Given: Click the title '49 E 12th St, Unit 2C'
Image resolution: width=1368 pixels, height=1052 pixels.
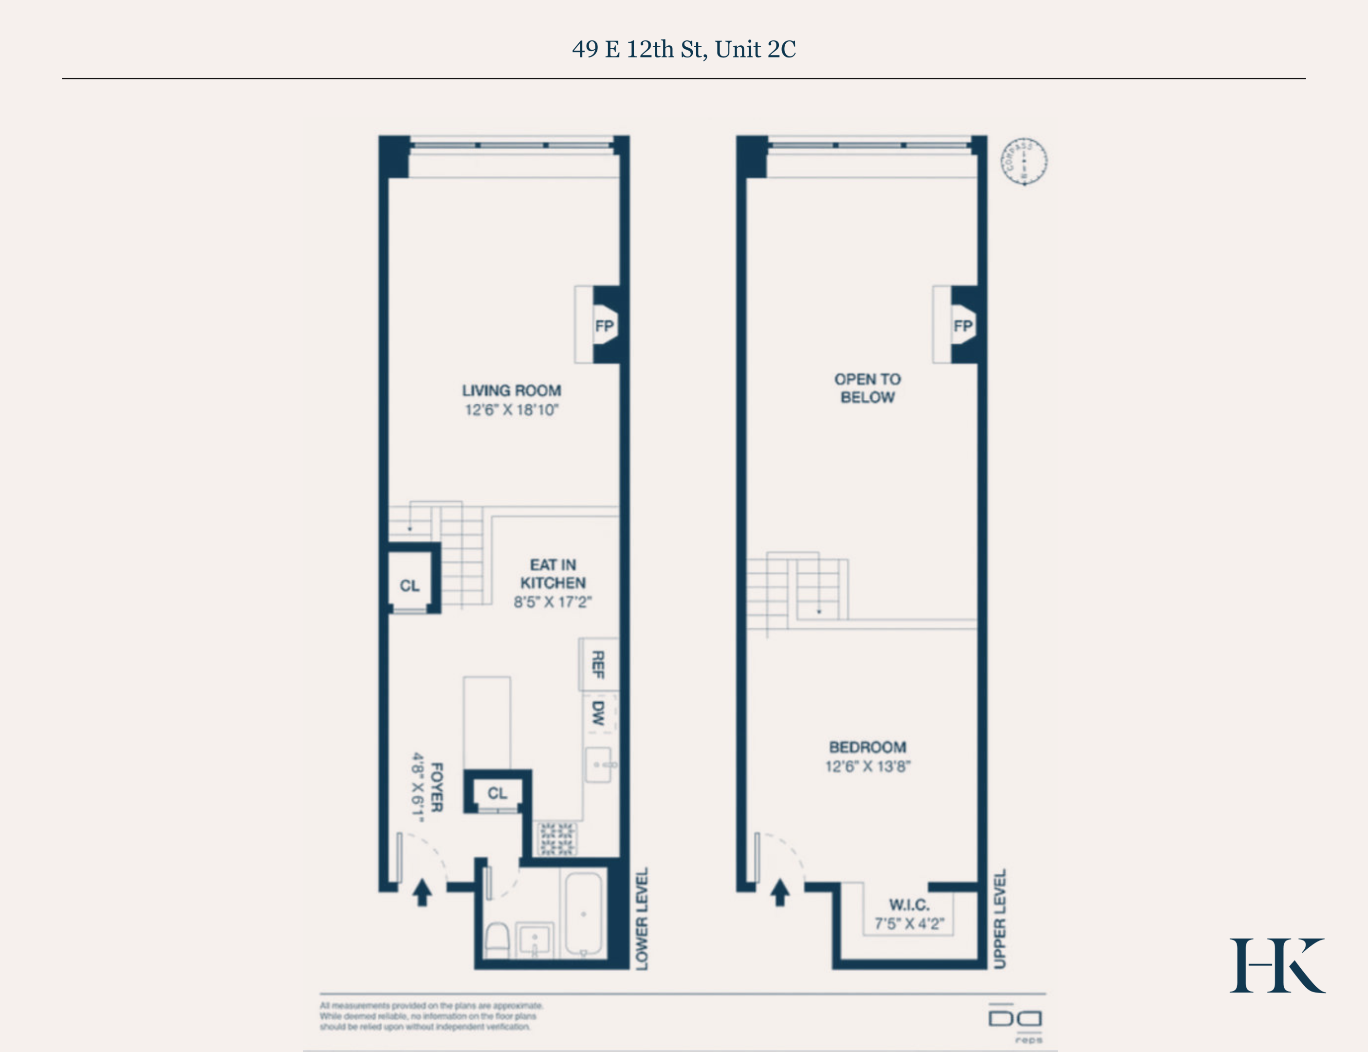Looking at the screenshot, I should click(684, 50).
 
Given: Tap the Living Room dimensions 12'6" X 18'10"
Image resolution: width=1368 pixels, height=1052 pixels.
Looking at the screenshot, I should click(511, 410).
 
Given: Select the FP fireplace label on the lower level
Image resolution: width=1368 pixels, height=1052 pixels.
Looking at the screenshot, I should click(604, 326).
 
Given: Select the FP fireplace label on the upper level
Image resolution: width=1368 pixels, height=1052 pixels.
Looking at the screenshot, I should click(962, 326).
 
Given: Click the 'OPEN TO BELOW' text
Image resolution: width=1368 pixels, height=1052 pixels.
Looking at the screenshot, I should click(868, 388).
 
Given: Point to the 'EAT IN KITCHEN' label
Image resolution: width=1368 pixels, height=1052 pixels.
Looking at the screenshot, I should click(553, 574).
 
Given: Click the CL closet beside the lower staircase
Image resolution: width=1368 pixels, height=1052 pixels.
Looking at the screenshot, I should click(410, 585).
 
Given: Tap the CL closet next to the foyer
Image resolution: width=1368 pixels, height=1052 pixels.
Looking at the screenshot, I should click(498, 793).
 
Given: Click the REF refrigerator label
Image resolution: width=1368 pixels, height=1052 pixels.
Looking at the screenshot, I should click(598, 664).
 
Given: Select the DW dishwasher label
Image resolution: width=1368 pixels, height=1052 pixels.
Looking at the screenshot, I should click(598, 713).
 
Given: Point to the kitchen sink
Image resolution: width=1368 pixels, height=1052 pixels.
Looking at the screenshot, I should click(598, 765).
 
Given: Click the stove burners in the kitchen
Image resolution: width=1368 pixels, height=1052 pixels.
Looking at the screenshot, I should click(557, 839).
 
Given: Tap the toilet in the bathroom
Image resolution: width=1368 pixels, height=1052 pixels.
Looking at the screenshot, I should click(498, 939).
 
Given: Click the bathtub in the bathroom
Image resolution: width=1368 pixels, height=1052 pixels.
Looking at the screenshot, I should click(583, 915).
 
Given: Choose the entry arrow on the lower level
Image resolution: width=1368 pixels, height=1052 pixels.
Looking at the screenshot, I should click(423, 892).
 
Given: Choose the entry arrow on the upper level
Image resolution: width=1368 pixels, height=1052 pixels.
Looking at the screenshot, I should click(780, 892).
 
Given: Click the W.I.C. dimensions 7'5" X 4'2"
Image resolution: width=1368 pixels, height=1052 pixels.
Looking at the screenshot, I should click(908, 923).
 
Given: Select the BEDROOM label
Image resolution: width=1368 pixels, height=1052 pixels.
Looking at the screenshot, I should click(868, 747).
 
